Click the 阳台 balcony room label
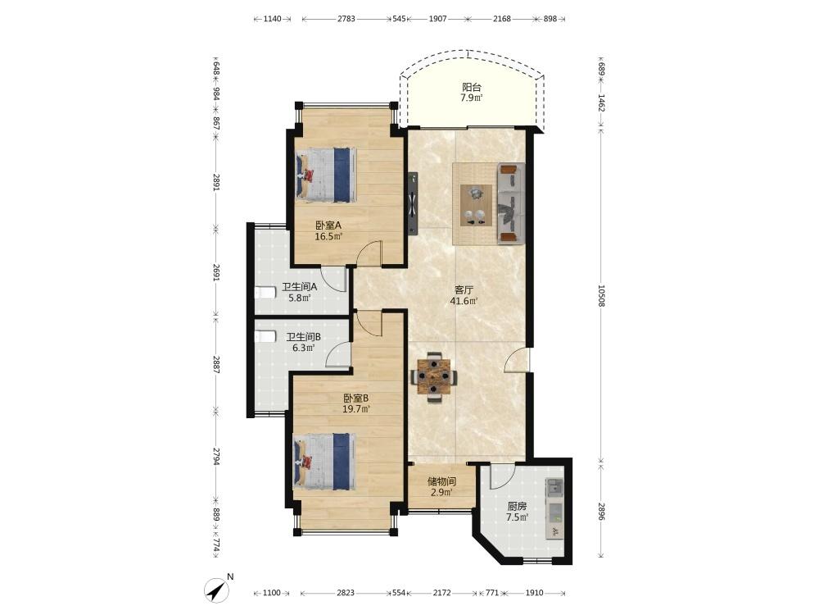pyautogui.click(x=471, y=88)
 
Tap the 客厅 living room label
pyautogui.click(x=464, y=289)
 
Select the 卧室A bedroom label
pyautogui.click(x=328, y=225)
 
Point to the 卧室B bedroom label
pyautogui.click(x=355, y=398)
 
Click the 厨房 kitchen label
pyautogui.click(x=517, y=506)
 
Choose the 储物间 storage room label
pyautogui.click(x=441, y=481)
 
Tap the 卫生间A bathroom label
pyautogui.click(x=299, y=287)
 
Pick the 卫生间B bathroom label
pyautogui.click(x=303, y=337)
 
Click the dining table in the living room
pyautogui.click(x=433, y=377)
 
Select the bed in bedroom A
pyautogui.click(x=325, y=175)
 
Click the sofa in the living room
pyautogui.click(x=511, y=203)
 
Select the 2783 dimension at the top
pyautogui.click(x=346, y=19)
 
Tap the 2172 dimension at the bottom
pyautogui.click(x=441, y=593)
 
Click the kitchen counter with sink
pyautogui.click(x=554, y=508)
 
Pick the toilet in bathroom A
pyautogui.click(x=265, y=293)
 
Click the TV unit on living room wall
pyautogui.click(x=413, y=204)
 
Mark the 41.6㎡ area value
pyautogui.click(x=464, y=301)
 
